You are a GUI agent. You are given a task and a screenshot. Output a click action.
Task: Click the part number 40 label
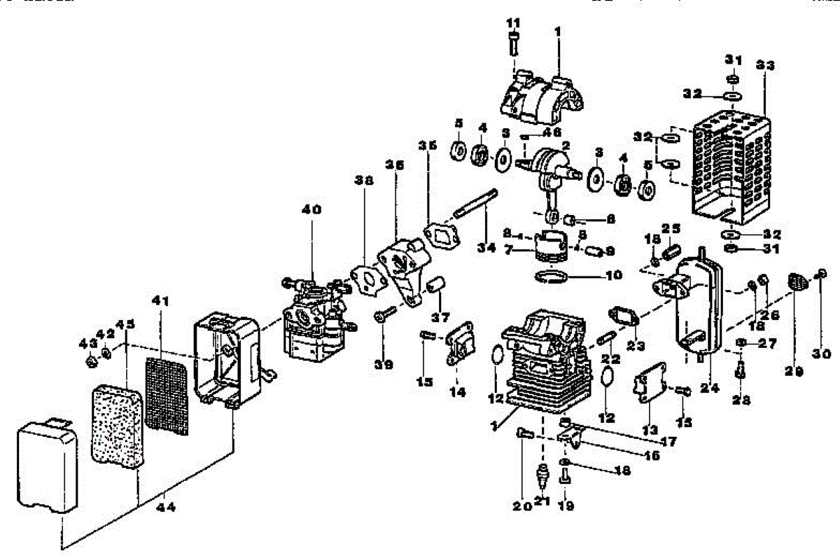(312, 209)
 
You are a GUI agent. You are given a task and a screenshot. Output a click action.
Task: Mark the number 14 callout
(457, 393)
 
